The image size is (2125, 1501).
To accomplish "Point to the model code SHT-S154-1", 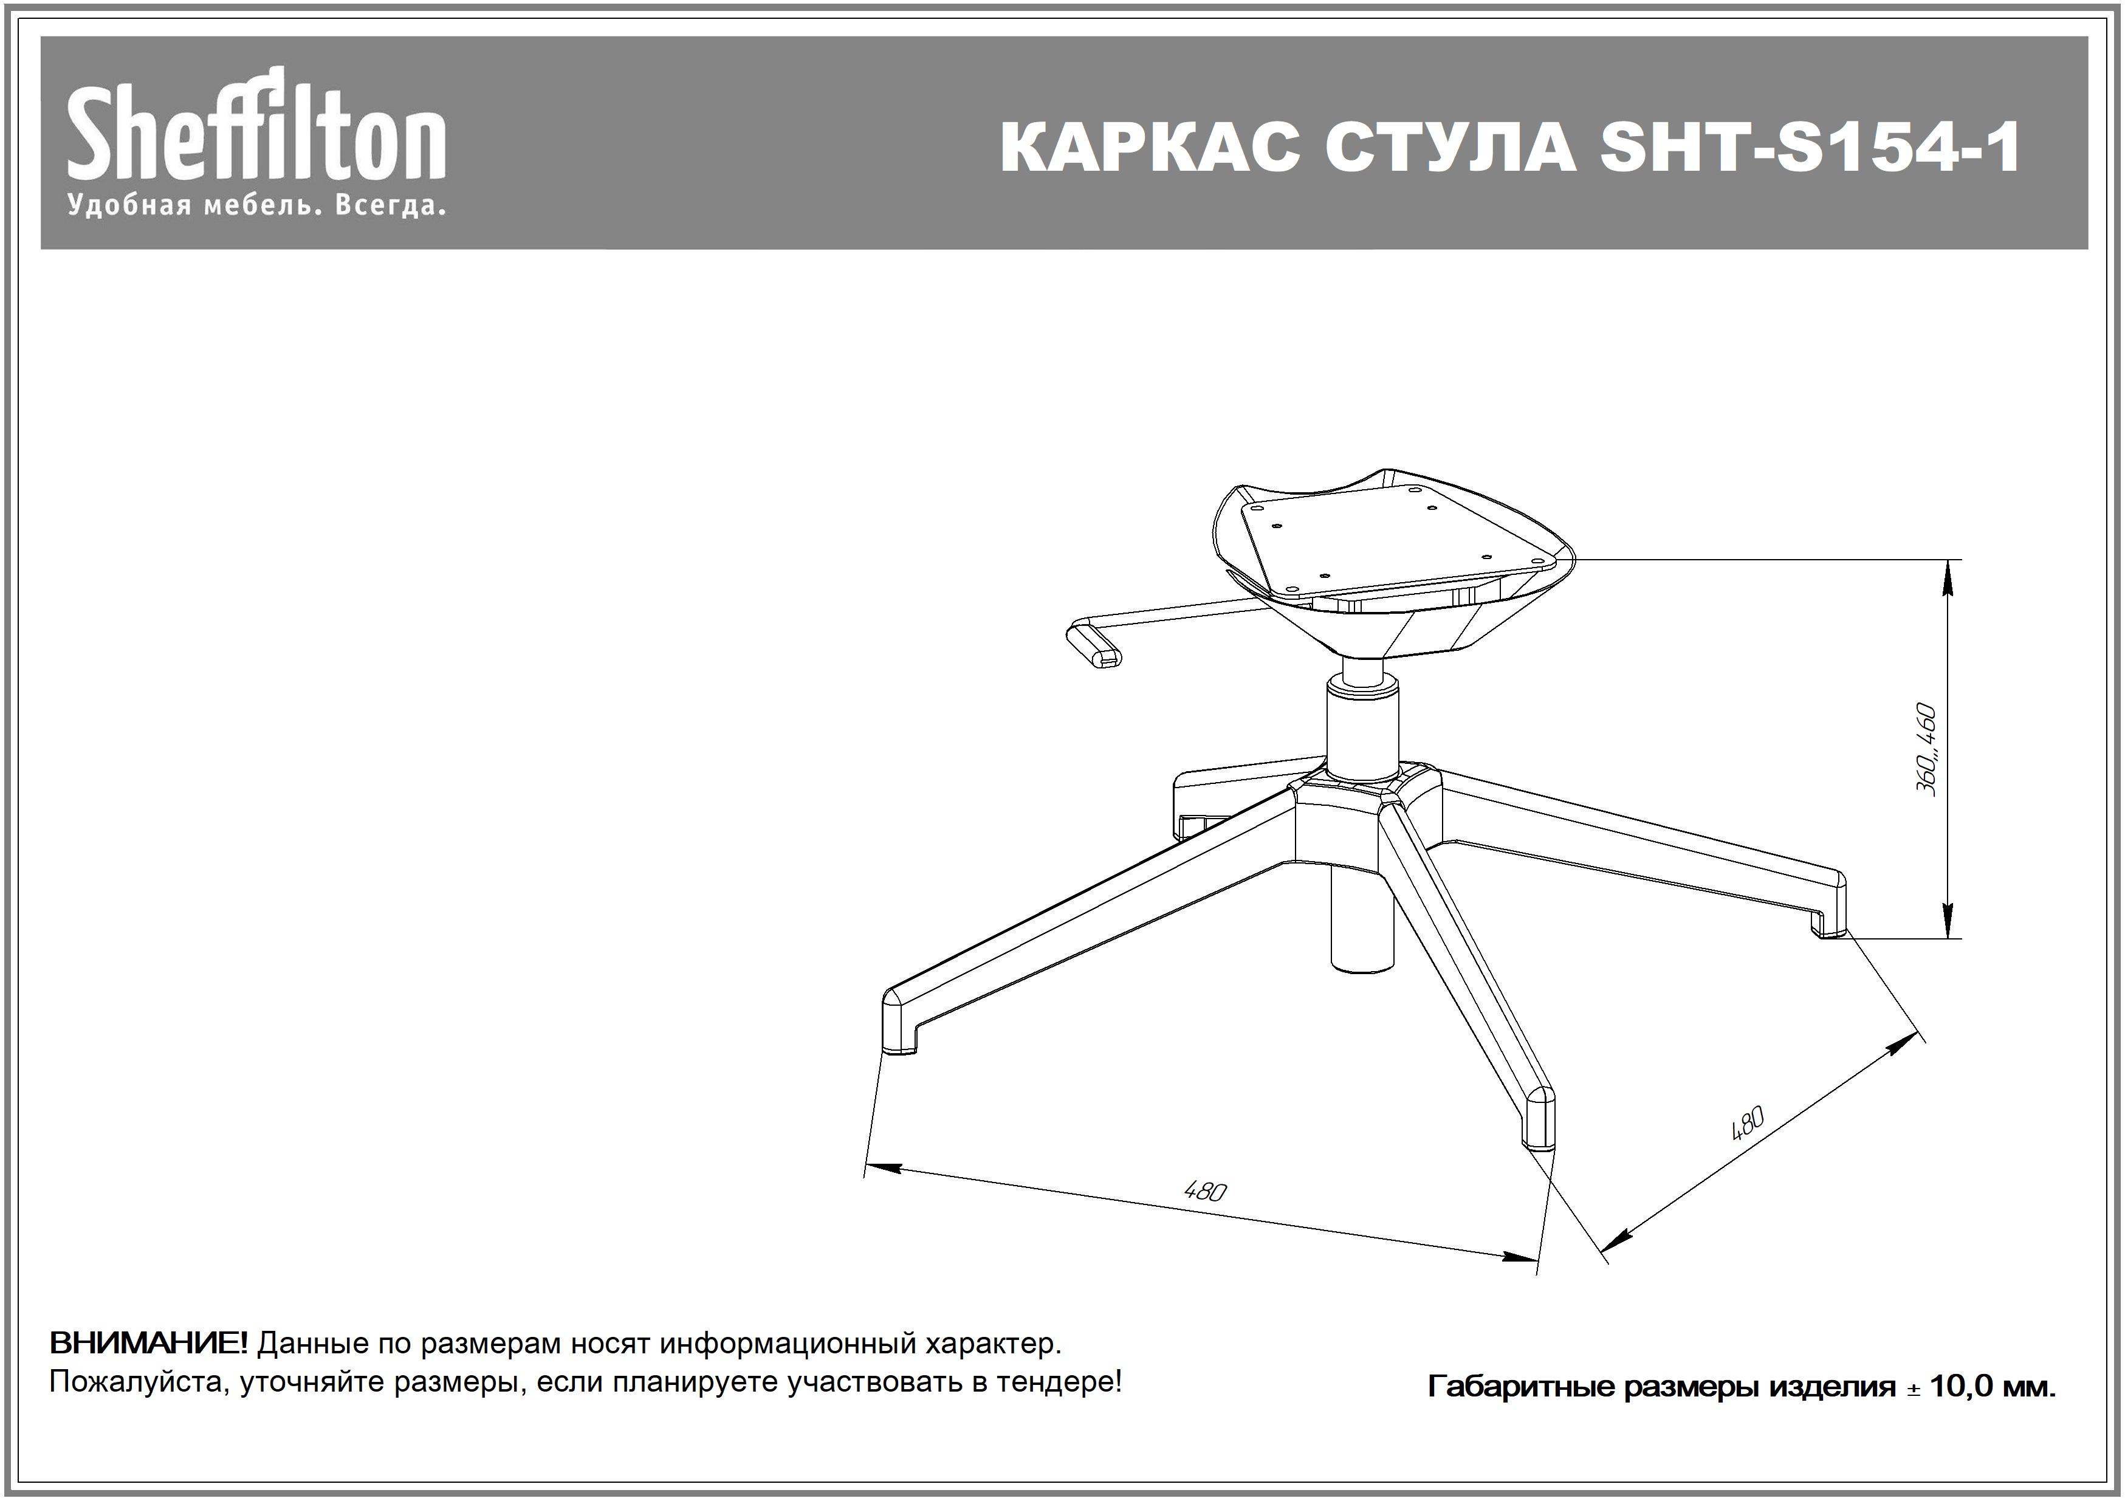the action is point(1810,147).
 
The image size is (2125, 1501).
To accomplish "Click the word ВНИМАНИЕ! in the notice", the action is point(148,1343).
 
